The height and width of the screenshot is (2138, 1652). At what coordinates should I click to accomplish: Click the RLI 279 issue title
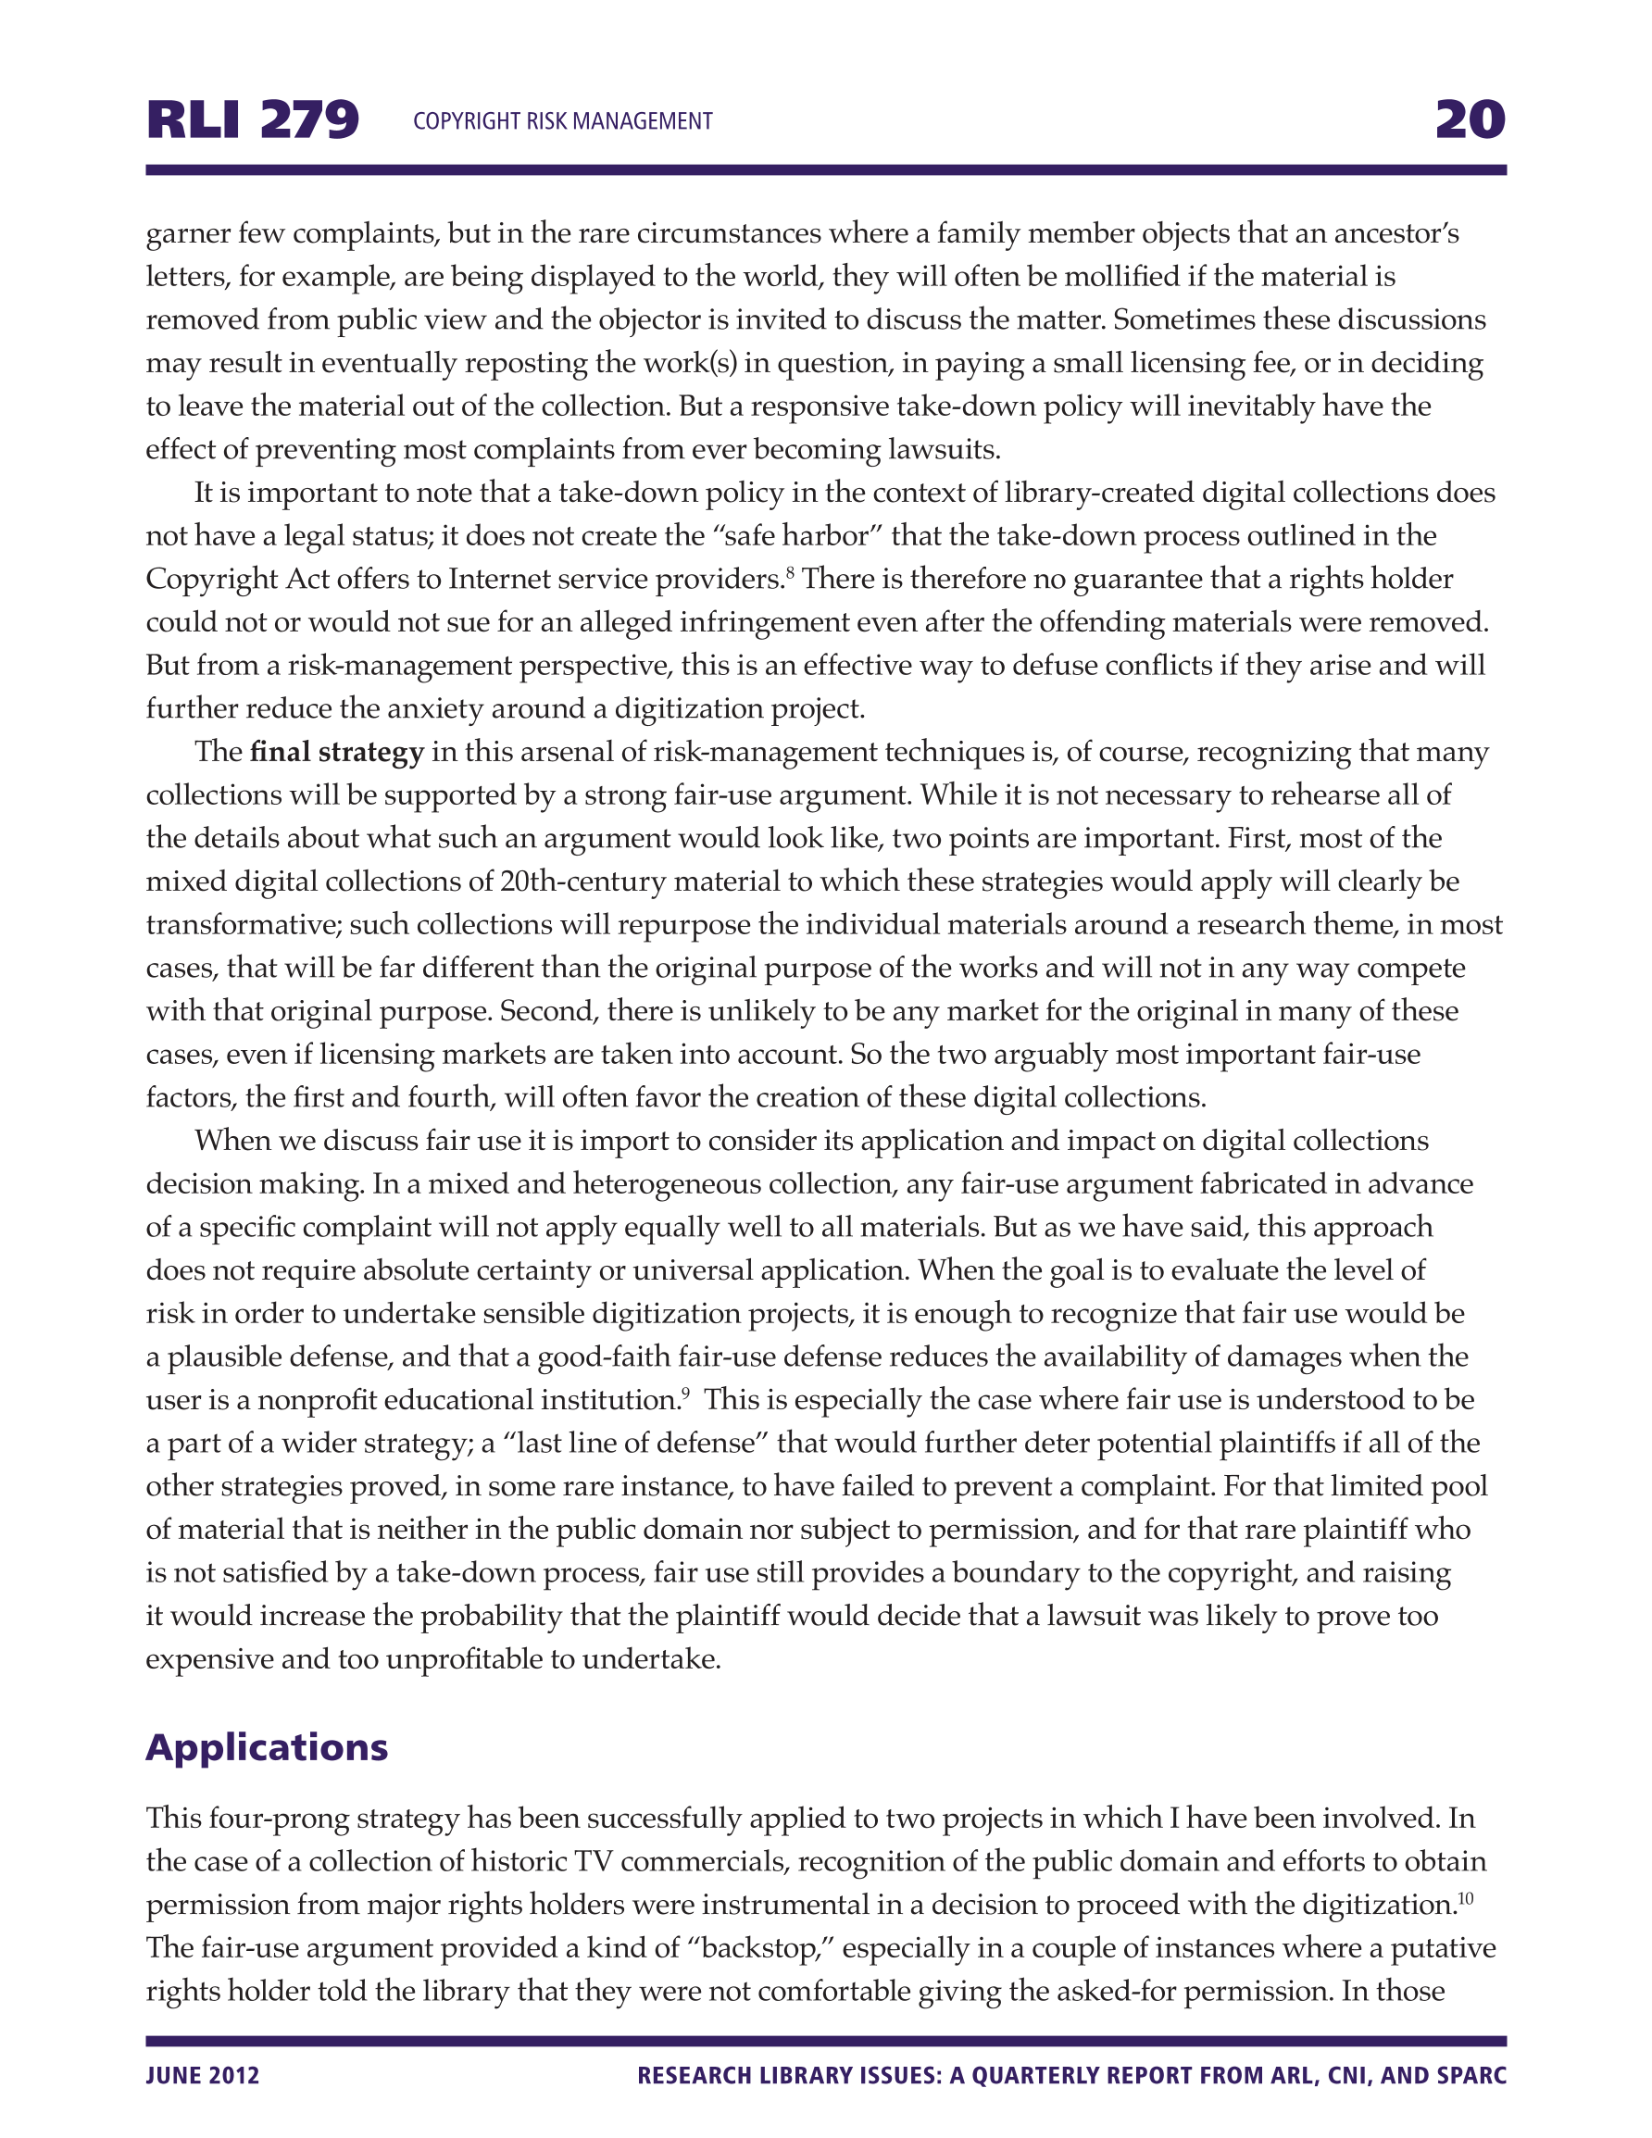click(x=253, y=120)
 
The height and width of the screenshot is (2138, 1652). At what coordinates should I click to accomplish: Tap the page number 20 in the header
click(x=1470, y=120)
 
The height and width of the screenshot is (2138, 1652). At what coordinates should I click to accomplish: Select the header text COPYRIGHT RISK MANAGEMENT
click(x=562, y=121)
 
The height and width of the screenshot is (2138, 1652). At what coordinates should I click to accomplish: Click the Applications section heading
click(x=267, y=1747)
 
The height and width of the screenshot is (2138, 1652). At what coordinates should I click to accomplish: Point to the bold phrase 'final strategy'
click(x=337, y=752)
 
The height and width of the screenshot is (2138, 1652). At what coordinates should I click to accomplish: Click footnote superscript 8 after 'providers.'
click(x=789, y=570)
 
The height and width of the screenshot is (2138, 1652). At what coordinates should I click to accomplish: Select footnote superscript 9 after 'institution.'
click(x=685, y=1392)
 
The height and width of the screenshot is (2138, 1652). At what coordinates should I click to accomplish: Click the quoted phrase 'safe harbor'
click(x=796, y=535)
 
